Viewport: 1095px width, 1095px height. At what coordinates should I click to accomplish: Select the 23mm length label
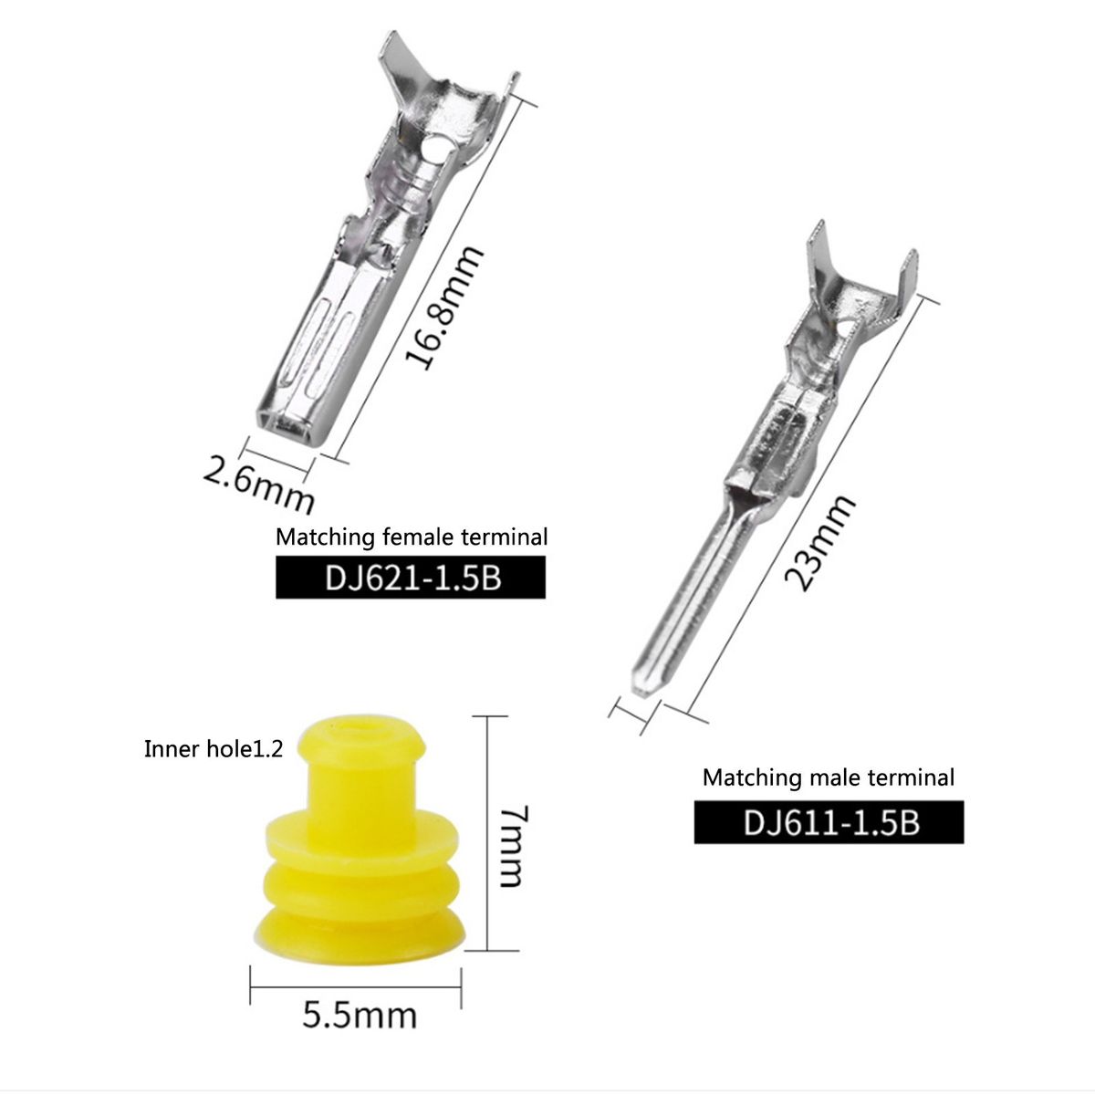(819, 543)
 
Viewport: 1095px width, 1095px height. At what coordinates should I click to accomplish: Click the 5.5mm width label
(360, 1016)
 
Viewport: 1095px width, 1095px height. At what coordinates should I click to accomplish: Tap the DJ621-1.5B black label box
(411, 577)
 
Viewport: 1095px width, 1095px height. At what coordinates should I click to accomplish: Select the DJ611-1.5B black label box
(829, 822)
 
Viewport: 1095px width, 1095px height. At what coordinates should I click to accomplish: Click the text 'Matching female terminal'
(412, 537)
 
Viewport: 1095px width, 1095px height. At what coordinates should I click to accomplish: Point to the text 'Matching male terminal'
(829, 777)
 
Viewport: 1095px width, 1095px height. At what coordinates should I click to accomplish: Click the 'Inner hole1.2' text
(214, 749)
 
